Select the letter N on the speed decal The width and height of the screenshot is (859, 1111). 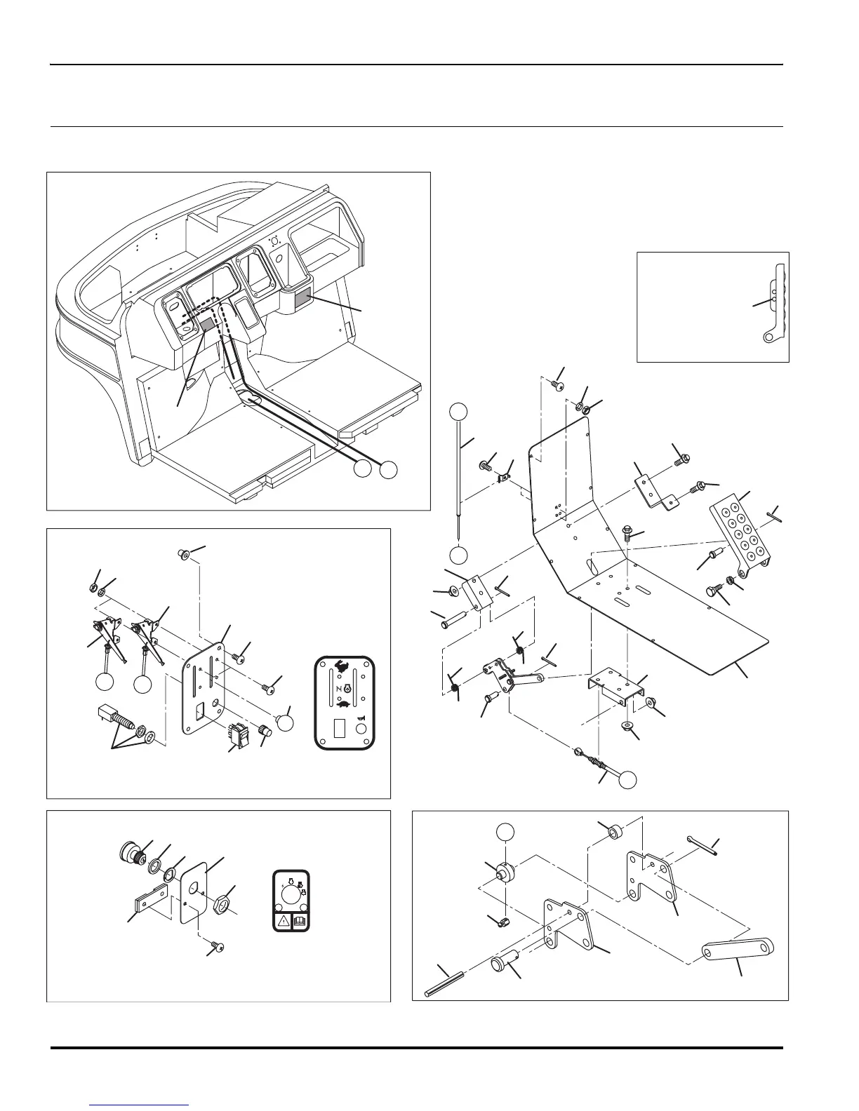(x=338, y=690)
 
